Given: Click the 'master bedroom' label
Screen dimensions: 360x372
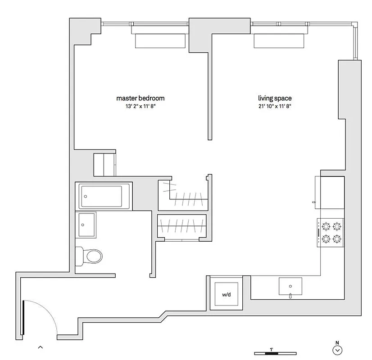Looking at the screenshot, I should pyautogui.click(x=140, y=98).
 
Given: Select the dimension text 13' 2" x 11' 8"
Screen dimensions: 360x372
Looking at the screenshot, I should pyautogui.click(x=140, y=106).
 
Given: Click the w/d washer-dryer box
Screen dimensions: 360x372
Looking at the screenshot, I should pyautogui.click(x=227, y=294).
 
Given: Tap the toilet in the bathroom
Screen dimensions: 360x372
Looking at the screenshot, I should pyautogui.click(x=90, y=256).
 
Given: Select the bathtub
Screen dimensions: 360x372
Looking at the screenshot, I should pyautogui.click(x=104, y=197).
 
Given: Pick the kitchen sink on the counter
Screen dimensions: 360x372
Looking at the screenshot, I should pyautogui.click(x=290, y=286).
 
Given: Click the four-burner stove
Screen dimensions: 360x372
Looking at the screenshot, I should pyautogui.click(x=331, y=233).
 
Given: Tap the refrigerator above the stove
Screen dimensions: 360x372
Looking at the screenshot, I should pyautogui.click(x=332, y=193).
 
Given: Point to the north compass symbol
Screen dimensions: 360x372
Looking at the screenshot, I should pyautogui.click(x=337, y=350).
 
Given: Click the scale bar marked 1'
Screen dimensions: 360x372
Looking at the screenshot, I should pyautogui.click(x=271, y=351).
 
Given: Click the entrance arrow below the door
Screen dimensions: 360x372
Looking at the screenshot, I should pyautogui.click(x=40, y=347).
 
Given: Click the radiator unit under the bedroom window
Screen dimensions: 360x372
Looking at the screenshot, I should pyautogui.click(x=161, y=41).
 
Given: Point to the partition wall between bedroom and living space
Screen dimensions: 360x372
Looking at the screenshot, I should pyautogui.click(x=209, y=90).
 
